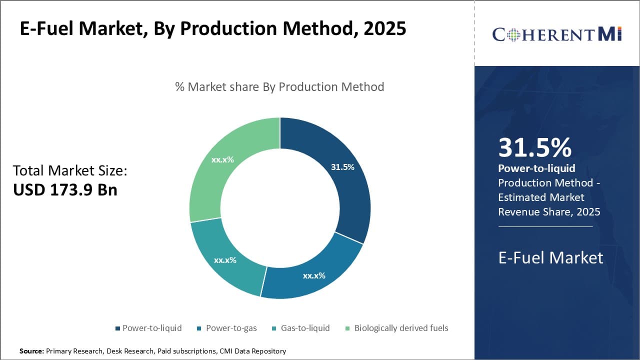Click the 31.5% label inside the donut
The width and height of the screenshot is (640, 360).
pos(342,167)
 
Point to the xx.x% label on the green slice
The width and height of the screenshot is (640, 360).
pos(223,160)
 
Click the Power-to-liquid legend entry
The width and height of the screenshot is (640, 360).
pos(148,328)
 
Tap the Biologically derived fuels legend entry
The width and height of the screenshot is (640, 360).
pos(397,328)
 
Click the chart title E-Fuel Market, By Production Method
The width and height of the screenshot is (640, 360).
pos(212,28)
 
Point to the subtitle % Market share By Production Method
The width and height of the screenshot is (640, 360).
pos(279,87)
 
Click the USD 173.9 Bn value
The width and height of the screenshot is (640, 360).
pos(65,190)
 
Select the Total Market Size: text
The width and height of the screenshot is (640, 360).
pos(70,171)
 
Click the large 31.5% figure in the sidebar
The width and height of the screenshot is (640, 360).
pos(534,148)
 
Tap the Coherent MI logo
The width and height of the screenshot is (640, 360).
pos(556,34)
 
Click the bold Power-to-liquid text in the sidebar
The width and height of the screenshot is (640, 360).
pos(536,168)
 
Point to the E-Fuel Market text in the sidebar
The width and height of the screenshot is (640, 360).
pos(550,257)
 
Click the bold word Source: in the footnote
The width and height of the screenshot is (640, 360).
pos(31,351)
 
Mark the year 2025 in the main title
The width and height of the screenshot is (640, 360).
pos(385,28)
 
